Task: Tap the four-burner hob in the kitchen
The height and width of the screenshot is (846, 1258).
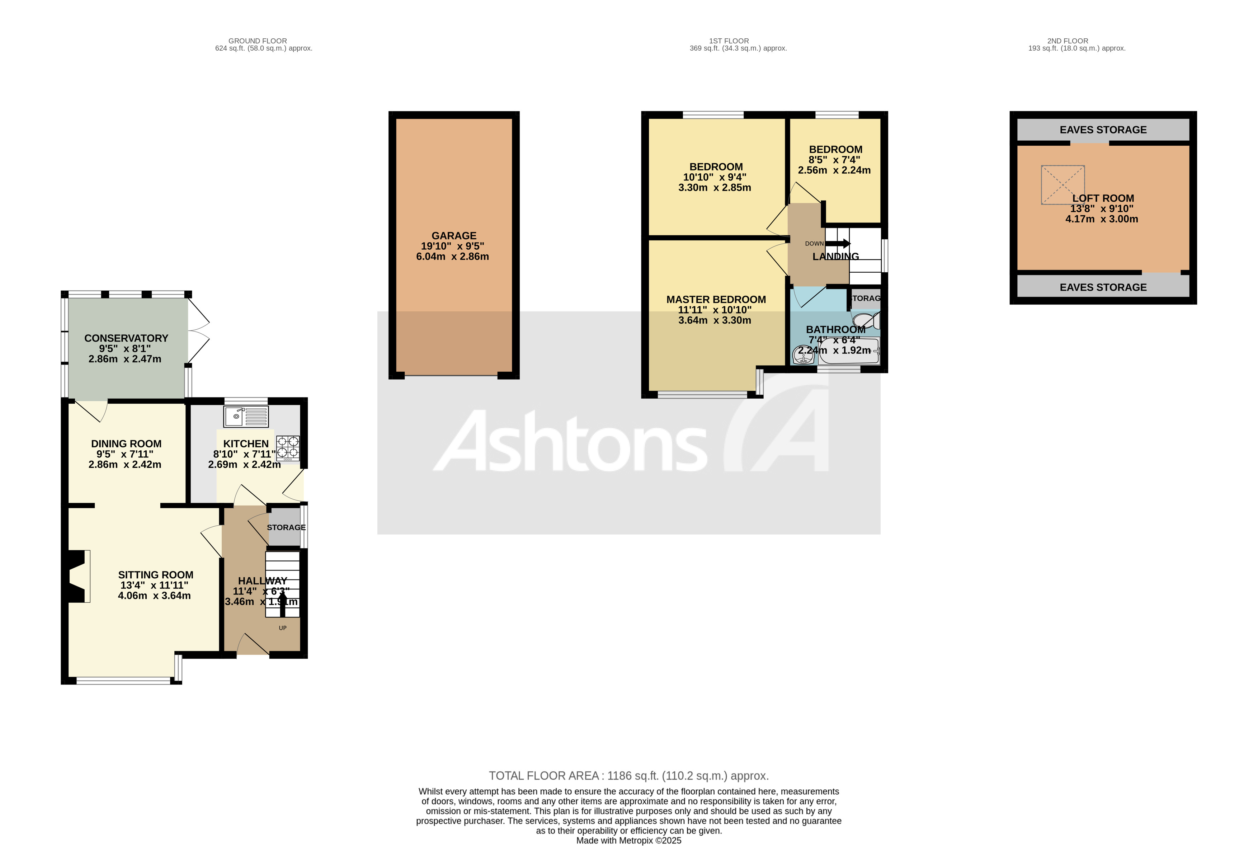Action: [288, 448]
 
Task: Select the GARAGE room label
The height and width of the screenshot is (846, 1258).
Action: [454, 236]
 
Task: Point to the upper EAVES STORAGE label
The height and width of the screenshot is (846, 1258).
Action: [1103, 130]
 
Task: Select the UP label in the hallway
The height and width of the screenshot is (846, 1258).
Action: [282, 628]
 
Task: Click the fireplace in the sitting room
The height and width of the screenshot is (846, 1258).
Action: [77, 576]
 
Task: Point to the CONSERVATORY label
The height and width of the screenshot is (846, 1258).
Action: [126, 338]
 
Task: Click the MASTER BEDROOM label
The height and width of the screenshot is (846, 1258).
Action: [716, 300]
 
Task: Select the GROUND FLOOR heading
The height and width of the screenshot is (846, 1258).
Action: [257, 41]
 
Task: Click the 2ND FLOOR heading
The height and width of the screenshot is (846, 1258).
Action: [1067, 41]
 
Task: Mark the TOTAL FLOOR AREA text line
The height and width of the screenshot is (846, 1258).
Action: [628, 776]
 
